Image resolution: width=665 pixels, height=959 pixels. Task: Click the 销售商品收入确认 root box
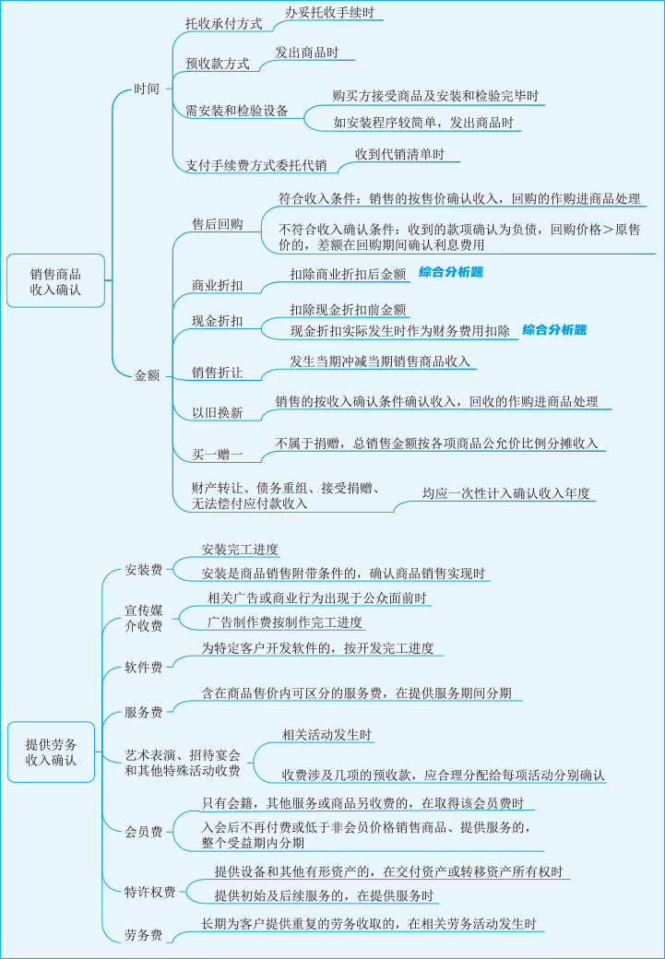[x=54, y=281]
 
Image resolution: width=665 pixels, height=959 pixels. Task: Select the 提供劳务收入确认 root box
[x=51, y=752]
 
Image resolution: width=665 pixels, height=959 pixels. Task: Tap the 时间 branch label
[x=147, y=89]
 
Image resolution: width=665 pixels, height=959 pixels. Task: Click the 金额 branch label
[x=147, y=375]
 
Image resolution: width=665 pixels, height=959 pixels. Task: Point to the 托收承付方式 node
[x=224, y=24]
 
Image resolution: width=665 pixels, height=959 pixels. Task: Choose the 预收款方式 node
[x=218, y=64]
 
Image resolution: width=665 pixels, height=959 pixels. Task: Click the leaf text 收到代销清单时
[x=399, y=154]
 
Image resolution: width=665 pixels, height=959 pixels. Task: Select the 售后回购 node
[x=218, y=224]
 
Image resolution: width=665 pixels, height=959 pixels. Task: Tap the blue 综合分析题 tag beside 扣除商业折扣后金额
[x=451, y=273]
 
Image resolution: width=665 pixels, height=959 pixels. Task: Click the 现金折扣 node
[x=218, y=321]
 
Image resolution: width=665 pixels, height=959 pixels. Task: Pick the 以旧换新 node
[x=218, y=412]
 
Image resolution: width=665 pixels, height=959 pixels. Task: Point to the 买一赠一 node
[x=218, y=455]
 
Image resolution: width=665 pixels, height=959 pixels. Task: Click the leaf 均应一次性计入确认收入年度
[x=505, y=493]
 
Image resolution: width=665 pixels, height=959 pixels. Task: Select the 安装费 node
[x=144, y=570]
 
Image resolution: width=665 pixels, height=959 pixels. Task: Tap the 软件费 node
[x=144, y=667]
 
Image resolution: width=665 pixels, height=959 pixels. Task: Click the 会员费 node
[x=144, y=832]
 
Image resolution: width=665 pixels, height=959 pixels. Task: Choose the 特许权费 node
[x=150, y=891]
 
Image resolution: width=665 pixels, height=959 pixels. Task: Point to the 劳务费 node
[x=144, y=935]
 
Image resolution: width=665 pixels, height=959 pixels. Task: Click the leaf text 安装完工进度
[x=240, y=550]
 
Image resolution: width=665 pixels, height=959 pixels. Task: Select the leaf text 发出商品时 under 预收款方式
[x=313, y=53]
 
